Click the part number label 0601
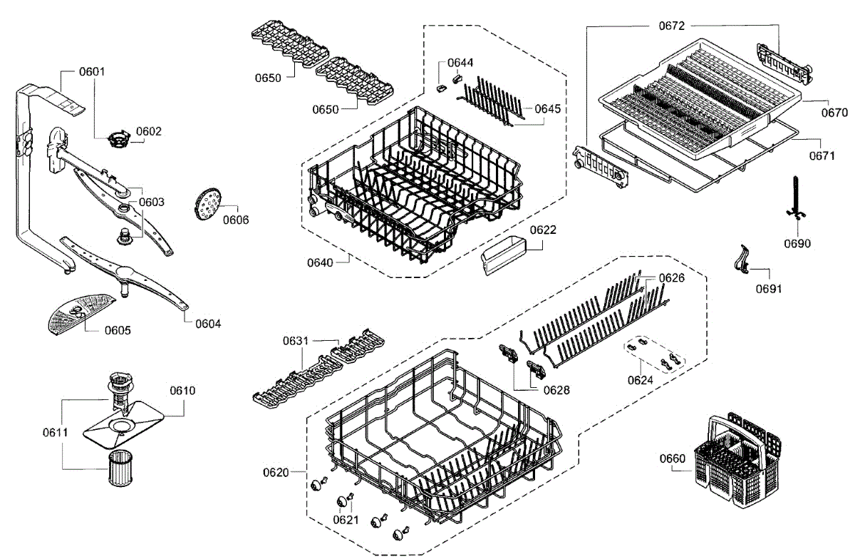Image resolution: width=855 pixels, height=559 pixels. click(92, 71)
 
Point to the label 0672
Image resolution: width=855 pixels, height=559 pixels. click(670, 26)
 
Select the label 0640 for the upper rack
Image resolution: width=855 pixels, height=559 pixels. click(321, 262)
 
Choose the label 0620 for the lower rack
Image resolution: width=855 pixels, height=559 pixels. click(276, 472)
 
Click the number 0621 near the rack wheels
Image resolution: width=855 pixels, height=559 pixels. click(346, 520)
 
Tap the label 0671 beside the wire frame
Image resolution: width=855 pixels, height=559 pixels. click(822, 156)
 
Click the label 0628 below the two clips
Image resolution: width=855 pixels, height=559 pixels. click(556, 390)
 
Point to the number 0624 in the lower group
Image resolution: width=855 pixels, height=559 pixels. click(641, 380)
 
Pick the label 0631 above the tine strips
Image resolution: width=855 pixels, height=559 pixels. click(295, 341)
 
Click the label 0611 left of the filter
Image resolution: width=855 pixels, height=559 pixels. click(55, 432)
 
